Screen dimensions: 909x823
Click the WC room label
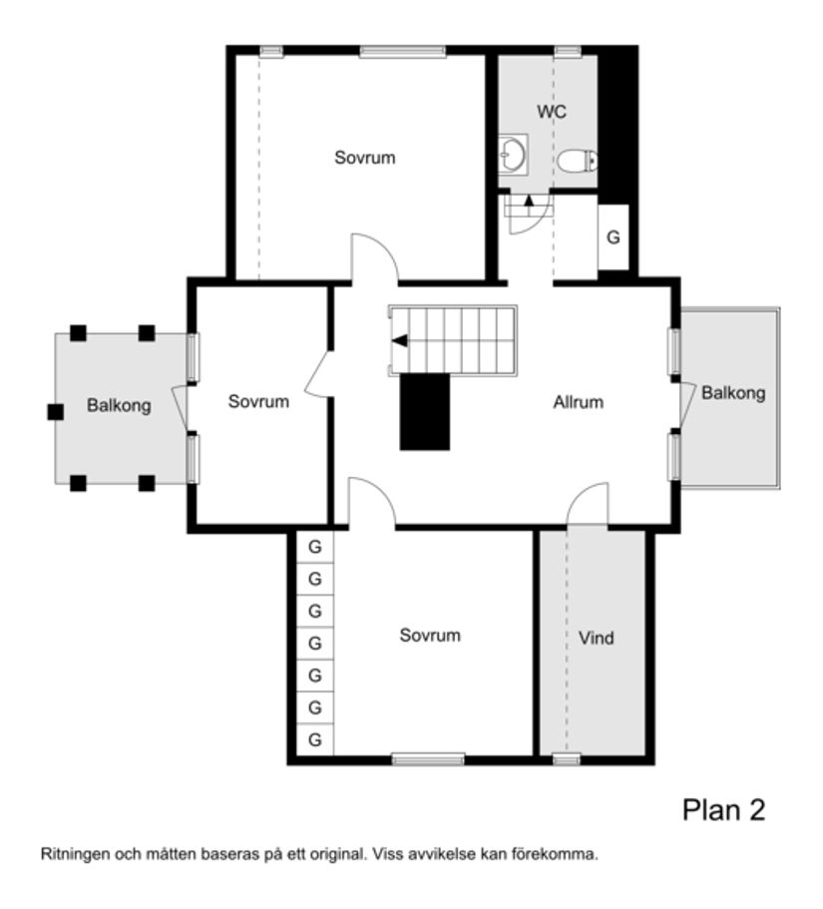pos(552,112)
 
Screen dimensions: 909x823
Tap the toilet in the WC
pos(578,160)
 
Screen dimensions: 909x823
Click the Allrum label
pos(579,403)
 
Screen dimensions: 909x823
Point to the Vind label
pos(596,638)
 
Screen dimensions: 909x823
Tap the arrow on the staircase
pos(400,341)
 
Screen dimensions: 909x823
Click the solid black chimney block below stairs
pos(425,411)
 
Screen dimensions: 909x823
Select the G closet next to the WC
pos(614,237)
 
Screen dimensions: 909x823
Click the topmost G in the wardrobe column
pos(315,548)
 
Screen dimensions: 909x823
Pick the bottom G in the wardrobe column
pos(315,739)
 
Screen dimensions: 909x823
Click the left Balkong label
pos(119,406)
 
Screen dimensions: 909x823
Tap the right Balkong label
pos(733,393)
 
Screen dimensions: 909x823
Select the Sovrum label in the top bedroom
pos(364,158)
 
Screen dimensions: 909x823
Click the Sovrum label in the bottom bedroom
pos(430,635)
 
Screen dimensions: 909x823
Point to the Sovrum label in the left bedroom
pos(258,402)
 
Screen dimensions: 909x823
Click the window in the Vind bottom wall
pos(567,759)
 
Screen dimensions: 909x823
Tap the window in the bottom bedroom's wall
pos(428,759)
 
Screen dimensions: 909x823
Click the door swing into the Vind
pos(588,505)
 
